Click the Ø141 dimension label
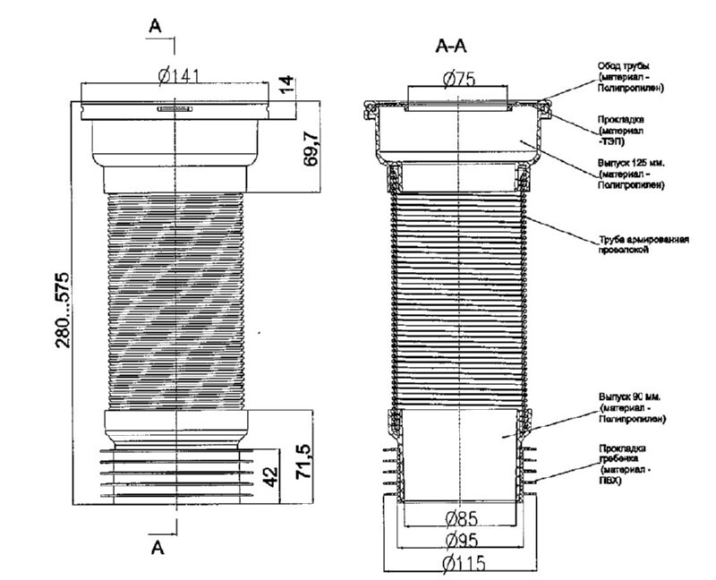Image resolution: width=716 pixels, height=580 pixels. pos(177,76)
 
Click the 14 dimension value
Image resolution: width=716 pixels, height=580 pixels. pos(286,87)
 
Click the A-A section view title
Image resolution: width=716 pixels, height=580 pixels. pos(453,46)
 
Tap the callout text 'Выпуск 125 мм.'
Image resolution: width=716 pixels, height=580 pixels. pos(632,165)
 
